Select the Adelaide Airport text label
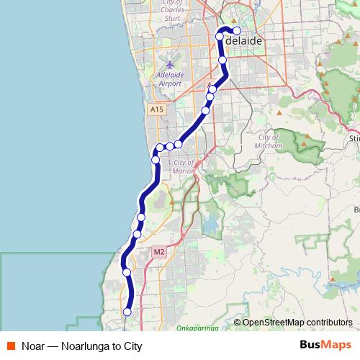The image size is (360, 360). point(168,79)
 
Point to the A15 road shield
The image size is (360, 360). point(157,109)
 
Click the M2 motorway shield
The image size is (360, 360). point(160,252)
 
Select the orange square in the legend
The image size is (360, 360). point(10,346)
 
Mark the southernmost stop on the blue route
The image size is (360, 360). point(127,312)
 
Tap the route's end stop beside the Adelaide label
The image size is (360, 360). point(236,30)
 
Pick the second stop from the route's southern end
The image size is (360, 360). point(127,272)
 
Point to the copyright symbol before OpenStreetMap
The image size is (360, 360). point(238,323)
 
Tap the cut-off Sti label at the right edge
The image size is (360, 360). point(354,137)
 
